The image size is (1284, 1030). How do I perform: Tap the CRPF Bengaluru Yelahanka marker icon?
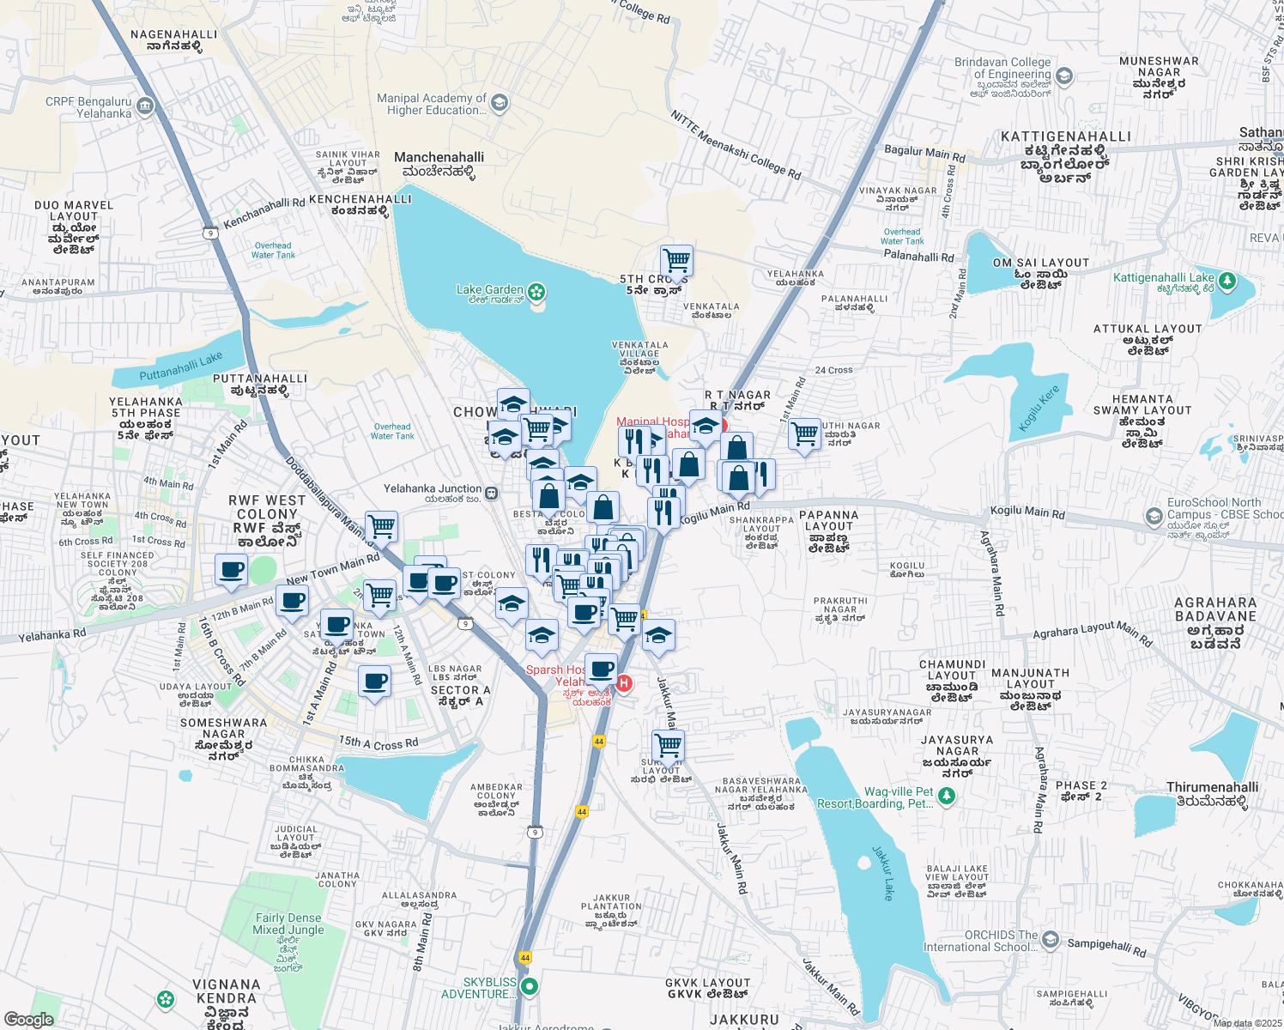point(145,106)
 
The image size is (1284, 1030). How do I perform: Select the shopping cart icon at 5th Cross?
point(676,260)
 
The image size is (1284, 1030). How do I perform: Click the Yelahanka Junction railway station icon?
point(491,493)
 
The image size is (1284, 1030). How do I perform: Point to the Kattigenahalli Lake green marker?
point(1226,280)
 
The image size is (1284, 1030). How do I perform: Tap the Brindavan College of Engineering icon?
point(1064,76)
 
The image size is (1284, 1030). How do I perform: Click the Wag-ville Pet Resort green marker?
point(947,797)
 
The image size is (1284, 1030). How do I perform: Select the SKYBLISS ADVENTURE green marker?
point(530,987)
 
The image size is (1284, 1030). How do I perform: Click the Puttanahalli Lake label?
point(181,367)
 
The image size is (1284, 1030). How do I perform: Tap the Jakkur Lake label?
point(883,872)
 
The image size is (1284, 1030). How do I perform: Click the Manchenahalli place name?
point(439,157)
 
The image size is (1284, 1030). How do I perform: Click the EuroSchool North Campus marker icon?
point(1154,515)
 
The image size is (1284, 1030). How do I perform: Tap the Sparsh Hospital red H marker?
point(624,683)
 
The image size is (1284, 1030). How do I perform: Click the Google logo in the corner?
point(28,1019)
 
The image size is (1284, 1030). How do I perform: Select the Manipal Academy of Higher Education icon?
point(500,104)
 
